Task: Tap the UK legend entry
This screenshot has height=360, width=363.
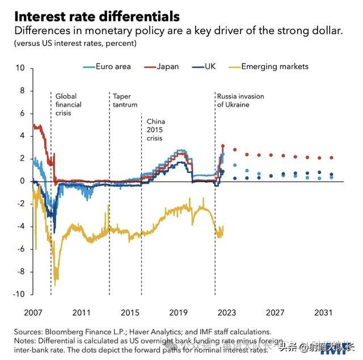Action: pyautogui.click(x=211, y=66)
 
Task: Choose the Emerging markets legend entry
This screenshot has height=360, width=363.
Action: pyautogui.click(x=275, y=66)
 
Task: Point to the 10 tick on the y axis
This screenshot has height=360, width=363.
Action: pyautogui.click(x=20, y=68)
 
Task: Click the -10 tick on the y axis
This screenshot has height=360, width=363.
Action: pyautogui.click(x=19, y=294)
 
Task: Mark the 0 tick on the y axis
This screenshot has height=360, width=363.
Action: pyautogui.click(x=23, y=181)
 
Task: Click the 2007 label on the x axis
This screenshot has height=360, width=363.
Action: pyautogui.click(x=33, y=312)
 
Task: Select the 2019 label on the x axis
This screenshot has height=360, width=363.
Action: pyautogui.click(x=178, y=312)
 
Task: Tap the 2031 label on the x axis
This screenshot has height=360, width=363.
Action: pyautogui.click(x=323, y=312)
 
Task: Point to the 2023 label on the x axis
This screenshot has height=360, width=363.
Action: pyautogui.click(x=227, y=312)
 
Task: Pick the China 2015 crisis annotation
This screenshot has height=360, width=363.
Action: pyautogui.click(x=155, y=130)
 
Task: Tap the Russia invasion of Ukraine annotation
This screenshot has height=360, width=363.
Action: pyautogui.click(x=240, y=101)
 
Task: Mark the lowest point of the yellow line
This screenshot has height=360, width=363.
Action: pyautogui.click(x=56, y=283)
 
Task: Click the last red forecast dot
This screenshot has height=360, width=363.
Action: pyautogui.click(x=332, y=157)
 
